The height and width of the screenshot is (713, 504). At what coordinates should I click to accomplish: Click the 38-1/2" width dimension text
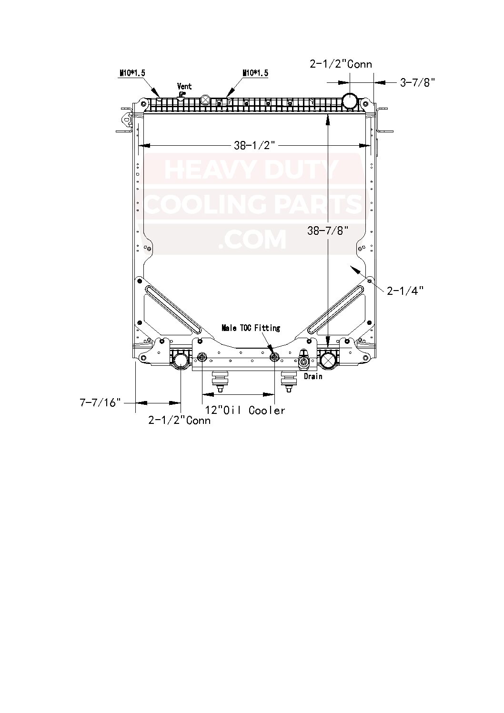(x=255, y=146)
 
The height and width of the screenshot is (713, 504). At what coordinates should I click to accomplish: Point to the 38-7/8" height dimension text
(x=328, y=231)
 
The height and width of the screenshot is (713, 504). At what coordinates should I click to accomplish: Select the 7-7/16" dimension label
(x=98, y=403)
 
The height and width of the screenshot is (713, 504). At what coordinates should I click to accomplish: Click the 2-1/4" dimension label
(x=405, y=290)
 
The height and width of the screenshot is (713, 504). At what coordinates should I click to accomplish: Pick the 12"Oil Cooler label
(x=245, y=411)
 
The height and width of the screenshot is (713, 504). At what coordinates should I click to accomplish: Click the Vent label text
(x=184, y=86)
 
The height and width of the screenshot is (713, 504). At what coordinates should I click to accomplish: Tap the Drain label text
(x=313, y=376)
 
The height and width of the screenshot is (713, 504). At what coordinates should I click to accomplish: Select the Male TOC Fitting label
(x=251, y=328)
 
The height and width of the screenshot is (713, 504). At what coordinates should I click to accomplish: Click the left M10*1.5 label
(x=132, y=73)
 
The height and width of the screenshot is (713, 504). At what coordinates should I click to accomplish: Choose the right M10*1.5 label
(x=255, y=73)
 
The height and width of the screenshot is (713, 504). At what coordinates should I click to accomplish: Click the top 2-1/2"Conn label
(x=341, y=64)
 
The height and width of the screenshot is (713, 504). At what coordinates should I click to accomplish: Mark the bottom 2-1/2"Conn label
(x=179, y=420)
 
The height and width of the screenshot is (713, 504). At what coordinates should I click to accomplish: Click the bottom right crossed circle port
(x=328, y=360)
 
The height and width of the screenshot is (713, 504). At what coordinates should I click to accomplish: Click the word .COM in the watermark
(x=252, y=240)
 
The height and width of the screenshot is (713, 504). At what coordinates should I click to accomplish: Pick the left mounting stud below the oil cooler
(x=220, y=382)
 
